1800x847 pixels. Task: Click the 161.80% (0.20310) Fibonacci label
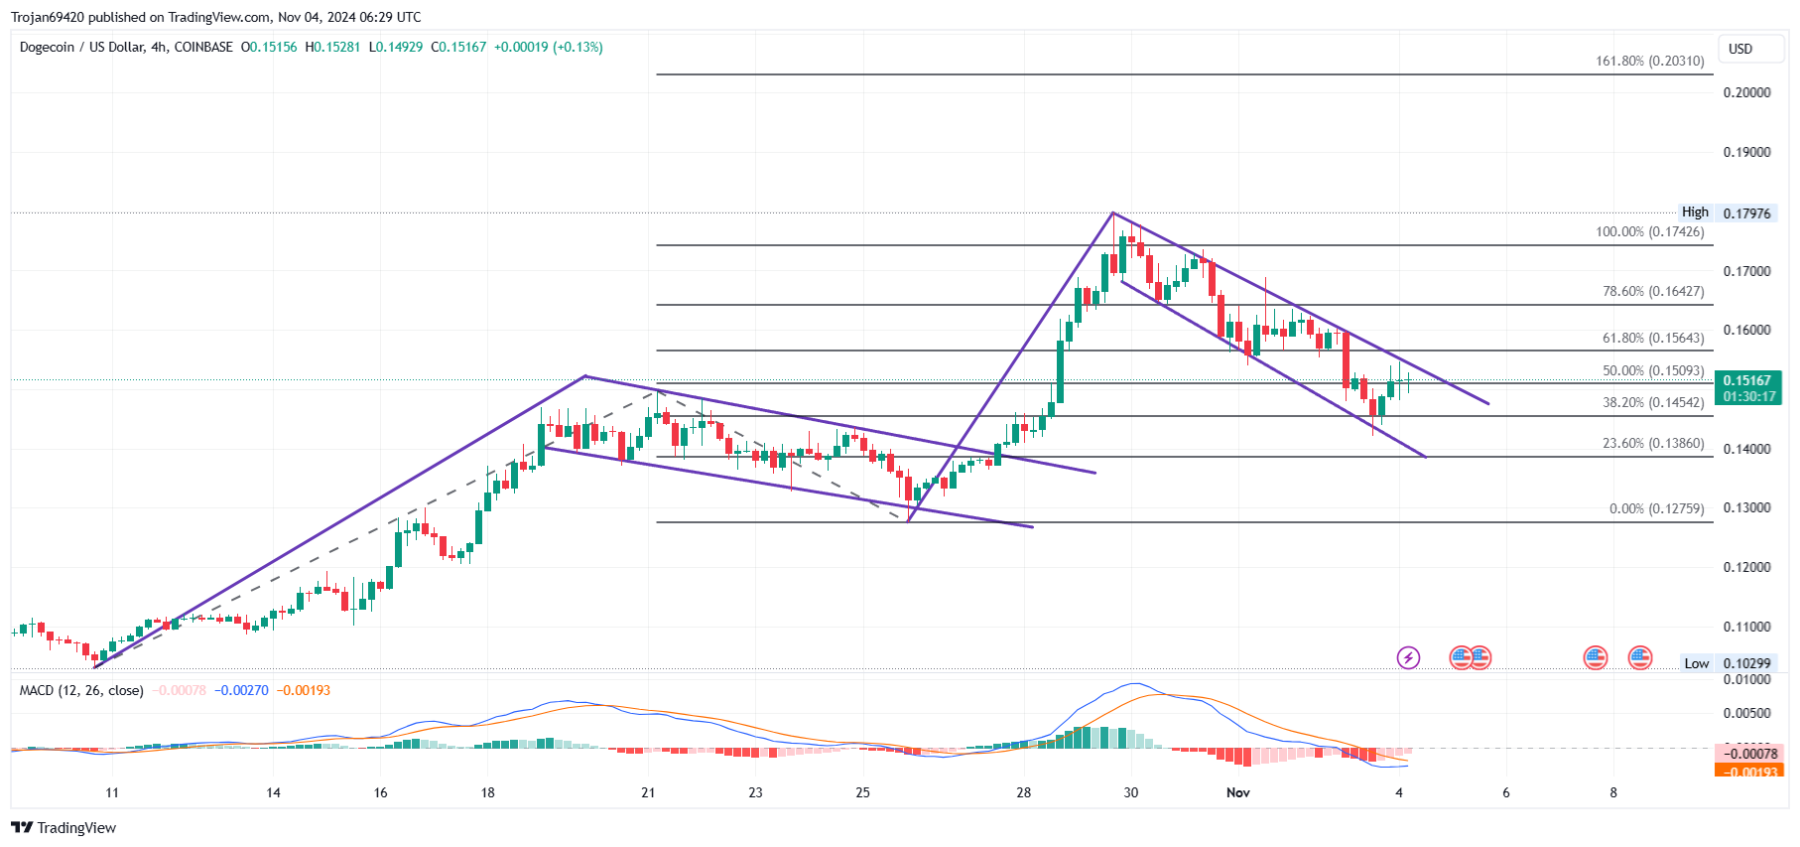[x=1649, y=62]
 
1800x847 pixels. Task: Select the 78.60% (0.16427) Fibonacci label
[x=1653, y=292]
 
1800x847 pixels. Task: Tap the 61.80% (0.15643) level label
[x=1653, y=339]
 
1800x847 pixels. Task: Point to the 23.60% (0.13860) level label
[x=1653, y=444]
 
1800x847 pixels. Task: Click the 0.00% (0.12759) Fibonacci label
[x=1656, y=509]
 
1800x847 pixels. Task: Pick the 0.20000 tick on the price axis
[x=1746, y=93]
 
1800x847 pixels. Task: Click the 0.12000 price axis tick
[x=1746, y=568]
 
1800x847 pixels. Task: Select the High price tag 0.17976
[x=1746, y=213]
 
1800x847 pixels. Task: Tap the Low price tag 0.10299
[x=1746, y=664]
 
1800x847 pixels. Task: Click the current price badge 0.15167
[x=1747, y=381]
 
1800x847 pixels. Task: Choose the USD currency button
[x=1740, y=49]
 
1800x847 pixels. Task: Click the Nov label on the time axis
[x=1237, y=792]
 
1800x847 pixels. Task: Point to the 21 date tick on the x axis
[x=648, y=792]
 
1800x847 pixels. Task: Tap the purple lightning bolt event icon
[x=1408, y=657]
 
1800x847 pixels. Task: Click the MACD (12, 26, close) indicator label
[x=81, y=691]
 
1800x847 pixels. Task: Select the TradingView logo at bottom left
[x=64, y=828]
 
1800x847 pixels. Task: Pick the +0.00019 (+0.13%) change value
[x=548, y=48]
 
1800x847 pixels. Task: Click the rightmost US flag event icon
[x=1640, y=657]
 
